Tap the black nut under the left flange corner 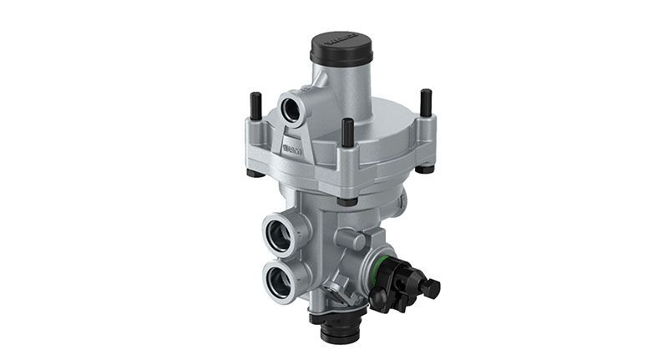(252, 174)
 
